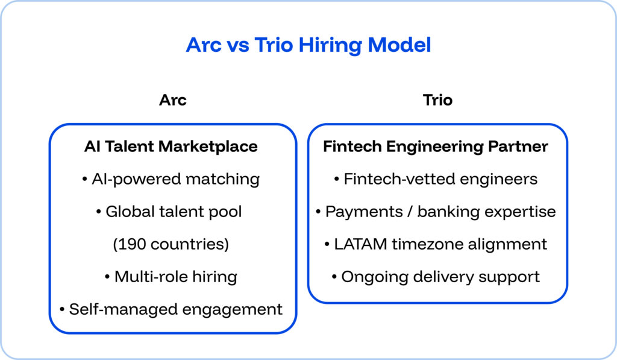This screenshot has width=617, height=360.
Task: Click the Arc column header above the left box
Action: pyautogui.click(x=172, y=99)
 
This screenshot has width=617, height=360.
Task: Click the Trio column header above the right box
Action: pyautogui.click(x=437, y=99)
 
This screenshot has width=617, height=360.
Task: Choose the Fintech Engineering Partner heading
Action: pyautogui.click(x=436, y=147)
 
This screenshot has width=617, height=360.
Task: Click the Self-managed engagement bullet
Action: pyautogui.click(x=171, y=309)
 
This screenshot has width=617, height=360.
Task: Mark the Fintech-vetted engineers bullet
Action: pyautogui.click(x=436, y=179)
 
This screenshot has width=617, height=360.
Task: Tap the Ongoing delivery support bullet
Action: pyautogui.click(x=436, y=277)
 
